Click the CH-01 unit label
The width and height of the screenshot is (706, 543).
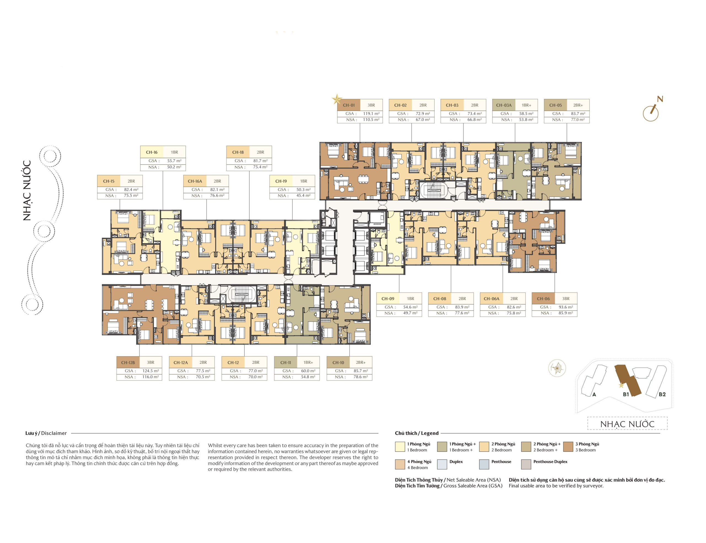point(349,105)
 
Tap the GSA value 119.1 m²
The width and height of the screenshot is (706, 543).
point(371,113)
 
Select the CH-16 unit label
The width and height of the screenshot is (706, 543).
point(151,152)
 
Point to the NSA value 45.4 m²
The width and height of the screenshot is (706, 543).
point(303,196)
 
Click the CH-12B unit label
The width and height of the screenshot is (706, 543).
point(128,363)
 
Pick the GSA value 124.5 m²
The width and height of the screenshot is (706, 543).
point(150,371)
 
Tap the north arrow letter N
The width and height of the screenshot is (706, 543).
point(660,99)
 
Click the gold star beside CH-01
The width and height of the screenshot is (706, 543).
point(337,99)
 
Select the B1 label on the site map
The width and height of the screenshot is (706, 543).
point(626,394)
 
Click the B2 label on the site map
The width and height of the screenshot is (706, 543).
point(662,394)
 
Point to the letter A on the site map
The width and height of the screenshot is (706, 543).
point(594,394)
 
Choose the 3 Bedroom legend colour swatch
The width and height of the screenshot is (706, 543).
point(568,447)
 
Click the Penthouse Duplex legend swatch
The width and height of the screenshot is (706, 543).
point(526,464)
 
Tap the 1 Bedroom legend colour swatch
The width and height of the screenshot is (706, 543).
point(400,447)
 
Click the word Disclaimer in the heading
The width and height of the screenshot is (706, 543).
point(54,433)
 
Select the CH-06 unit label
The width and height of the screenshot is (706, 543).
point(543,299)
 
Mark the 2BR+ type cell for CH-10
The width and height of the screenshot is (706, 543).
point(361,363)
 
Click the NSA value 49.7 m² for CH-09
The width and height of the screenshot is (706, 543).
point(410,313)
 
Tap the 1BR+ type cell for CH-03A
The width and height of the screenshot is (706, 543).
point(526,105)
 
